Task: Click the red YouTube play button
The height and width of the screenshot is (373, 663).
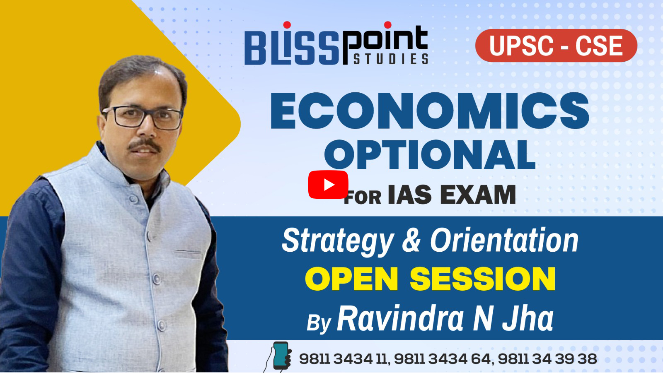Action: point(328,185)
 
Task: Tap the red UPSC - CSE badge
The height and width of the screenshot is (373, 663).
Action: point(556,46)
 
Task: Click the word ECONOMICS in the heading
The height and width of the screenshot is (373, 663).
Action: point(430,111)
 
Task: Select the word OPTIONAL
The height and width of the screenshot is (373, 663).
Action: point(430,154)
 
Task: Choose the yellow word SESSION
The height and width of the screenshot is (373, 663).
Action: point(482,279)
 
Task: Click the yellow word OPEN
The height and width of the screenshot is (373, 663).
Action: point(352,279)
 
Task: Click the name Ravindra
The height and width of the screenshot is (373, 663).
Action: point(400,318)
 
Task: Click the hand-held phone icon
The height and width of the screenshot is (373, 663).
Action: point(278,356)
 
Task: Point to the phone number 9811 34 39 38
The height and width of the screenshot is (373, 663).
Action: point(547,359)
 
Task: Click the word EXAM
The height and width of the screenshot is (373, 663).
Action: point(478,195)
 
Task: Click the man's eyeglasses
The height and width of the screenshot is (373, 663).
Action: point(142,117)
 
